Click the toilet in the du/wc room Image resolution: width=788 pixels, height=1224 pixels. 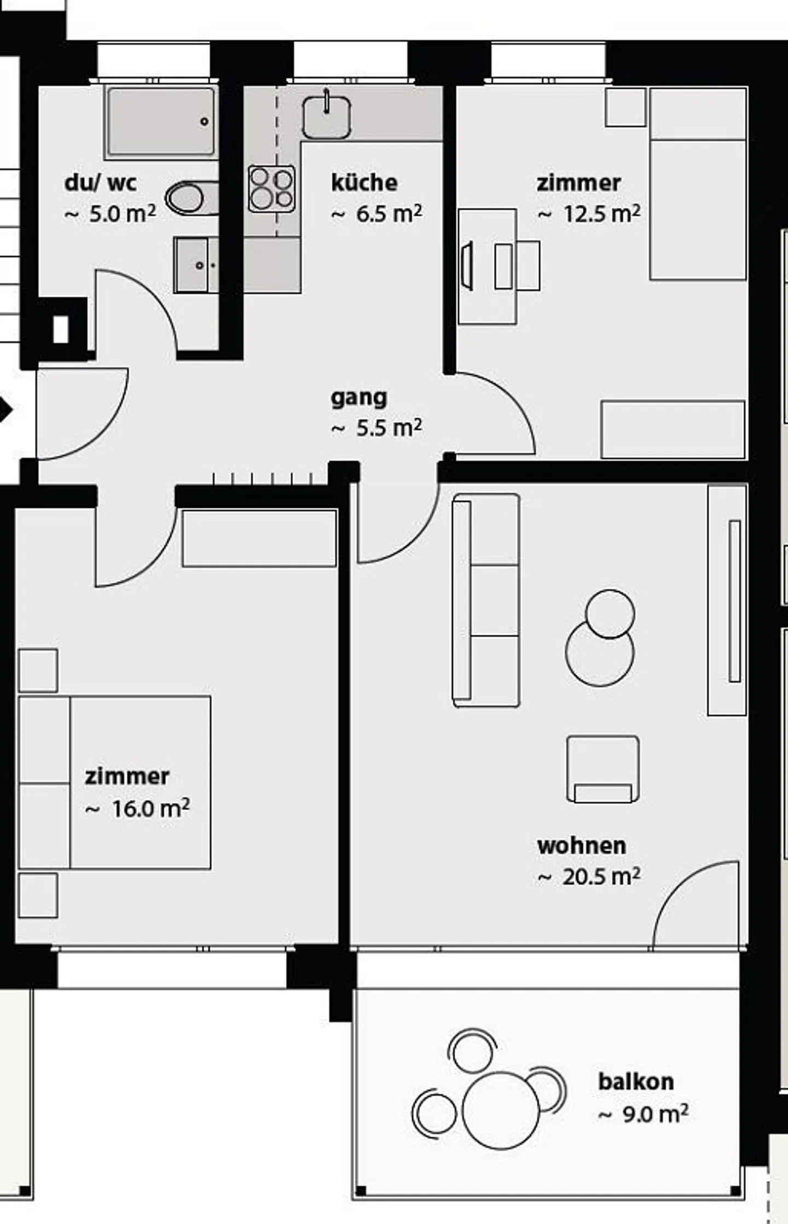[x=191, y=198]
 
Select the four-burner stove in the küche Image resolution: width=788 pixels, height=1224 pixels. [x=272, y=189]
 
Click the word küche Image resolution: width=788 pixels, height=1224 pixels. [x=364, y=183]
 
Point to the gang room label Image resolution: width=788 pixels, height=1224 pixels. [x=359, y=398]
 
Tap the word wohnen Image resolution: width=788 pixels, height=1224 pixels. [x=581, y=846]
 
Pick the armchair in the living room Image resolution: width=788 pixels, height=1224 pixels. [x=602, y=769]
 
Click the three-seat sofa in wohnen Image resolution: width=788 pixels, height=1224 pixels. [x=486, y=601]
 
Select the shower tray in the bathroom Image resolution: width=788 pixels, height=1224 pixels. [x=161, y=121]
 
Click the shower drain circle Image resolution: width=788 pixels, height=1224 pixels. [x=205, y=121]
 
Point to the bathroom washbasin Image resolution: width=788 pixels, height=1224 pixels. [x=196, y=265]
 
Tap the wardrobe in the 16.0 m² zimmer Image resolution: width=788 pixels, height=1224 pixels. [x=259, y=538]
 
